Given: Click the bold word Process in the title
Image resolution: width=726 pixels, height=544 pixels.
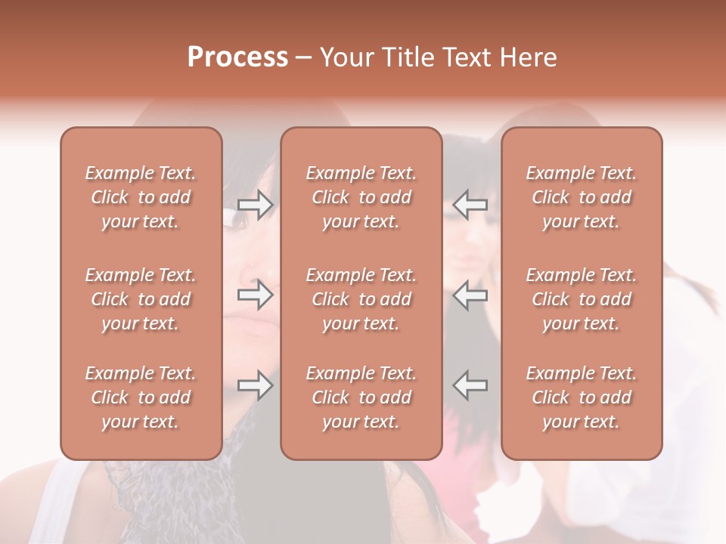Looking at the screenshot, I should (x=237, y=57).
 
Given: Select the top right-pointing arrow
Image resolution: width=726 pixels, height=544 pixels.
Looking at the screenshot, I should (x=256, y=204).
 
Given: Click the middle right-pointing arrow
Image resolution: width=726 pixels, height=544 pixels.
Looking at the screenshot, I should (x=256, y=295).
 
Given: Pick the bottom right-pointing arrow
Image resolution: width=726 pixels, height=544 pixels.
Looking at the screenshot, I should (x=256, y=385).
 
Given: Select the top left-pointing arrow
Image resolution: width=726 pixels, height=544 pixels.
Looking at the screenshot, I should (x=470, y=204).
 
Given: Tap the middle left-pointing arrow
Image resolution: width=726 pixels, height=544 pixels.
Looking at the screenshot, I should (x=470, y=295).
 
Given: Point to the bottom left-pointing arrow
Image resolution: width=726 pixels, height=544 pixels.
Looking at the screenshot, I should (x=470, y=385).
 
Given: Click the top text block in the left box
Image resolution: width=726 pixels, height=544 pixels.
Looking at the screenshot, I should (x=141, y=197).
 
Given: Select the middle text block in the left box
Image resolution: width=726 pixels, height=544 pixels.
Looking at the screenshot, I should (x=141, y=299).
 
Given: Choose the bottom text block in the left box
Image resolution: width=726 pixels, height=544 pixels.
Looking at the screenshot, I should (x=141, y=397).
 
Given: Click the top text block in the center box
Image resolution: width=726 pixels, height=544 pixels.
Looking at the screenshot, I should (x=361, y=197).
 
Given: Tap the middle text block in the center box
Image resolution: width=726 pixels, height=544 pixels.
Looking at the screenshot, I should (x=361, y=299).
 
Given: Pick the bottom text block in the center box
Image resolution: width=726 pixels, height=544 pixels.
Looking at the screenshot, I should (x=361, y=397).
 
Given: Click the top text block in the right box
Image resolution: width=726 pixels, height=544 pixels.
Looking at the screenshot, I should (x=581, y=197).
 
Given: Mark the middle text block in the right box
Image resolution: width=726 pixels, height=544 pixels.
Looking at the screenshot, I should (x=581, y=299).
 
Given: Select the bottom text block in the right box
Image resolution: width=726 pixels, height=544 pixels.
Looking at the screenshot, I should (x=581, y=397).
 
